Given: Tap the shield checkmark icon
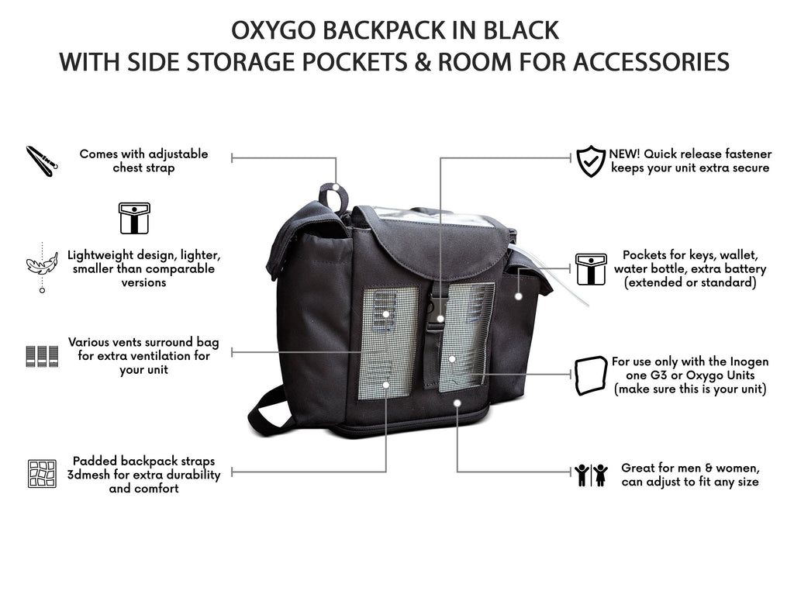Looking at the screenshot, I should tap(591, 161).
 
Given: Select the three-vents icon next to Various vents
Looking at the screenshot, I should tap(42, 356).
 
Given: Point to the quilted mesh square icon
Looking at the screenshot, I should tap(42, 473).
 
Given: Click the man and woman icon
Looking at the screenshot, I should tap(592, 475).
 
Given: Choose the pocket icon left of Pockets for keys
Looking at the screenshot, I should tap(591, 268).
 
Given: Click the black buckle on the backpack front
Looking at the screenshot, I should tap(437, 313).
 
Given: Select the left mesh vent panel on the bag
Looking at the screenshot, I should tap(388, 341).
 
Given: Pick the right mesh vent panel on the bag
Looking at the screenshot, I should tap(467, 336).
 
